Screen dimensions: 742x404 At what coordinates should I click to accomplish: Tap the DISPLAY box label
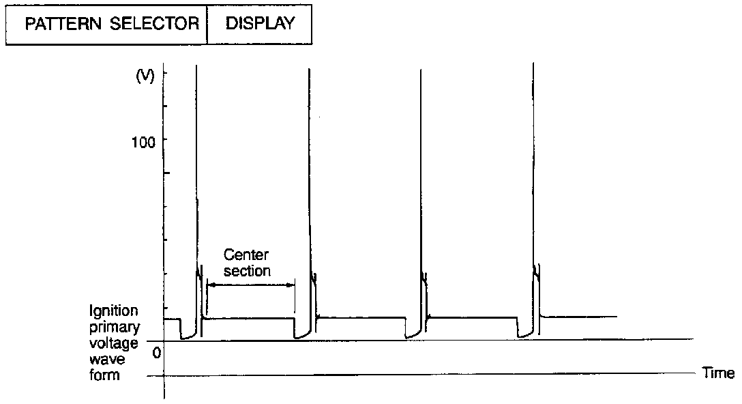260,23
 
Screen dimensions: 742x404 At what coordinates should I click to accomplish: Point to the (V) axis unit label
144,76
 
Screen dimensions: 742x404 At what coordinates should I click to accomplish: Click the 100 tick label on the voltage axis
144,141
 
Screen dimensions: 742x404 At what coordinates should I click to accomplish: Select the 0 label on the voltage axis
156,352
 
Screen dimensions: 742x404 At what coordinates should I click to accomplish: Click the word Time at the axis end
718,373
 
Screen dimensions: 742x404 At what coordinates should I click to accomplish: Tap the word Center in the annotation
246,255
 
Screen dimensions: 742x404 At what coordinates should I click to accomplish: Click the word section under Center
248,270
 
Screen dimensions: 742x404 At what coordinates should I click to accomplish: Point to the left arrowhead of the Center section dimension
209,285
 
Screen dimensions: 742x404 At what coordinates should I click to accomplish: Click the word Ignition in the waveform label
114,312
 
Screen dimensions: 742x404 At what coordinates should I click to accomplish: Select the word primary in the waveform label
114,327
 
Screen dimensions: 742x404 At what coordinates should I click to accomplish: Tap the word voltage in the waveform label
114,343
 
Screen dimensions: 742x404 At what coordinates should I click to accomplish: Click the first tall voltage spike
196,171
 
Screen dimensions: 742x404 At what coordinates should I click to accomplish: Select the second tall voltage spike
310,171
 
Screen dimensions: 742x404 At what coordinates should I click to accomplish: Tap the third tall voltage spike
421,171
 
